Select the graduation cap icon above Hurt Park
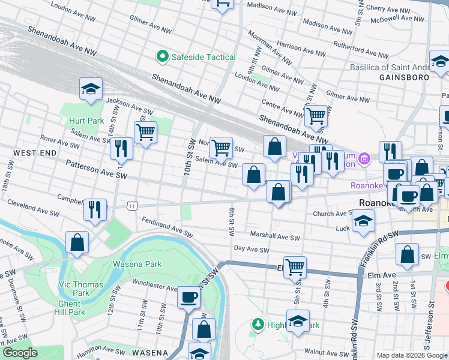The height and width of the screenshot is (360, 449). click(91, 89)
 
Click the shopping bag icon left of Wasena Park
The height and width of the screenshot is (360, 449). click(77, 243)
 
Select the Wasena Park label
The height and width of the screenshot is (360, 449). click(137, 264)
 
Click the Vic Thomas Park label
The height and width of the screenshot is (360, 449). click(80, 289)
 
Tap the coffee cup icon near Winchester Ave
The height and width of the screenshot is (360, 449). click(188, 298)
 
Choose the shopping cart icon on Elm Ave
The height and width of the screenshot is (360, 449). click(295, 267)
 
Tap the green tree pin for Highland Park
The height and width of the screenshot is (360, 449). click(258, 325)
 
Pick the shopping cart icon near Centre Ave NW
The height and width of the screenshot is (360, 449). click(315, 115)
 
